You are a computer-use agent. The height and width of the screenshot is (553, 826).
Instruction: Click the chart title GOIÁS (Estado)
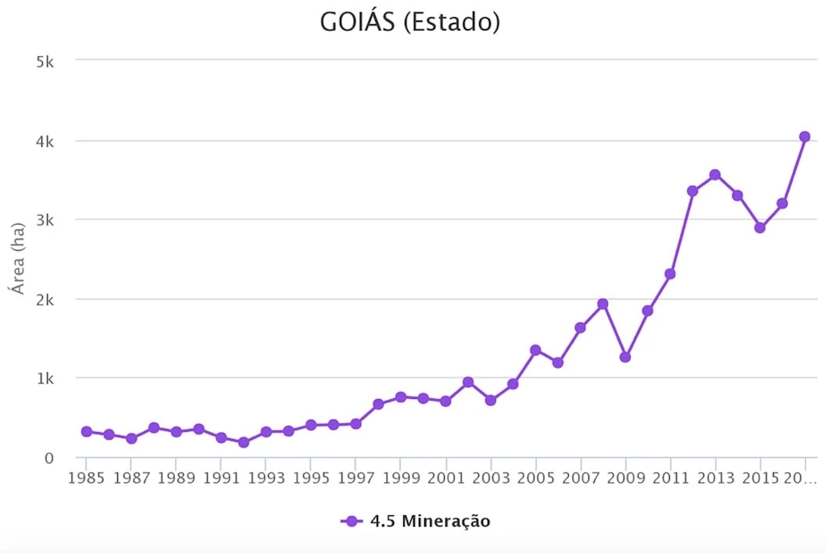click(x=409, y=23)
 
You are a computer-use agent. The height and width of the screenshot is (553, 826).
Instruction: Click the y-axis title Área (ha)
click(x=17, y=257)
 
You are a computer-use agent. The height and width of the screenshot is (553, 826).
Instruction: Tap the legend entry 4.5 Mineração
click(x=416, y=521)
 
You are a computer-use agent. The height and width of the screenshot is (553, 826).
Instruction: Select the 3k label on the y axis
click(x=45, y=220)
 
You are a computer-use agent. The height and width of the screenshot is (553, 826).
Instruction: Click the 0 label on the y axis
click(x=48, y=458)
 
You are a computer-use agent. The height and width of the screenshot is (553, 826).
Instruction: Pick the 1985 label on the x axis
click(x=86, y=477)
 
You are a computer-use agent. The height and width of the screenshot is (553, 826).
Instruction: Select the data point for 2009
click(x=625, y=357)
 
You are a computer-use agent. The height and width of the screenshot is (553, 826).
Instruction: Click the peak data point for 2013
click(x=715, y=175)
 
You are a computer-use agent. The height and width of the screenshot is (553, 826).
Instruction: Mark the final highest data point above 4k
click(x=805, y=137)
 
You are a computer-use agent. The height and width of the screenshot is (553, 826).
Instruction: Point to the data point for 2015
click(x=760, y=227)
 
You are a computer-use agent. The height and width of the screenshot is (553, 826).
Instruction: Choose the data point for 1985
click(x=87, y=431)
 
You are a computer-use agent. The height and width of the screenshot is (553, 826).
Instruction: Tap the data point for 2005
click(x=535, y=350)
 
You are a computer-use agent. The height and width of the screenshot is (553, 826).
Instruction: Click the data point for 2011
click(x=670, y=273)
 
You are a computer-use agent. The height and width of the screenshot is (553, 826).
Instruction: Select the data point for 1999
click(x=401, y=397)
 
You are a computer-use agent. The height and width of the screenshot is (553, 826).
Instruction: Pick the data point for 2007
click(x=580, y=328)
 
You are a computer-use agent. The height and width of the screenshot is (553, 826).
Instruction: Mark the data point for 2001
click(x=445, y=401)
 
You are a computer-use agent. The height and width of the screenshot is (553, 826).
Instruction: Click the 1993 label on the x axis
click(x=266, y=477)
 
